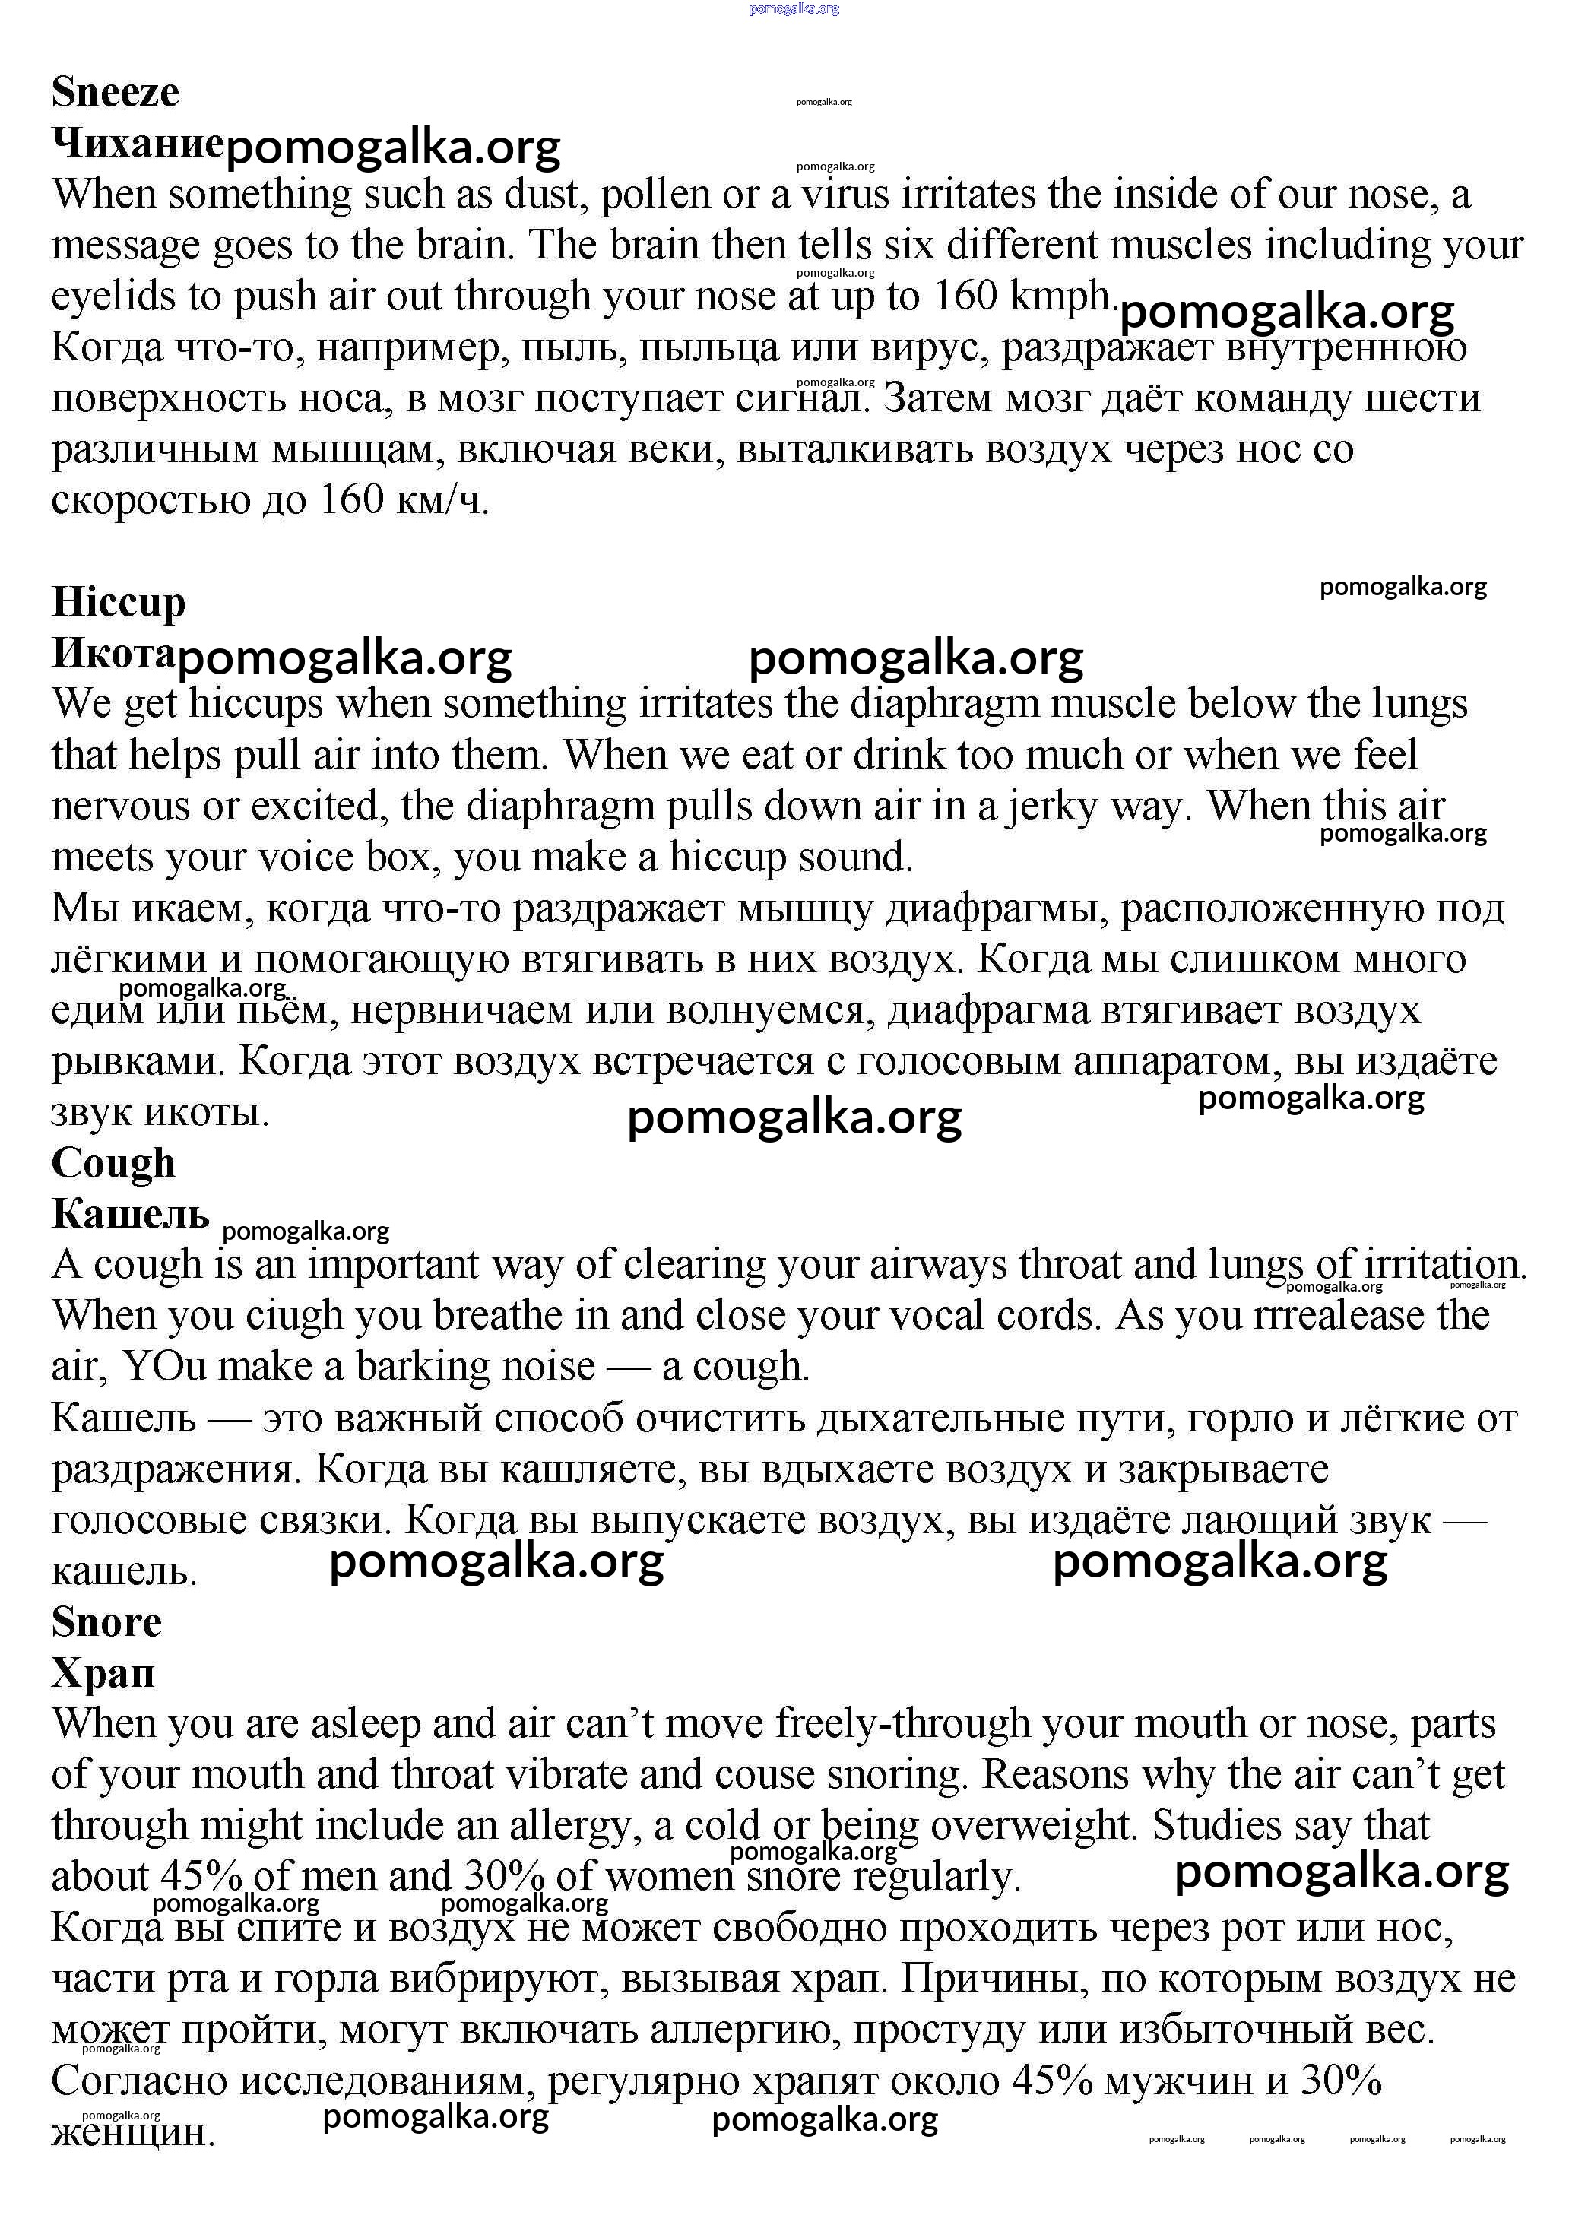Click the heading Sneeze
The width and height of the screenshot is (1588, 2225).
pos(116,92)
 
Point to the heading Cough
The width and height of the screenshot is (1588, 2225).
pos(113,1162)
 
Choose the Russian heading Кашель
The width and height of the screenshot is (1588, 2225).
pos(130,1213)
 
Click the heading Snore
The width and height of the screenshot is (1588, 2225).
pos(106,1622)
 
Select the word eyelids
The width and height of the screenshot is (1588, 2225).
pos(113,296)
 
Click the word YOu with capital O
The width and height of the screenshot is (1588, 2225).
pos(164,1367)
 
